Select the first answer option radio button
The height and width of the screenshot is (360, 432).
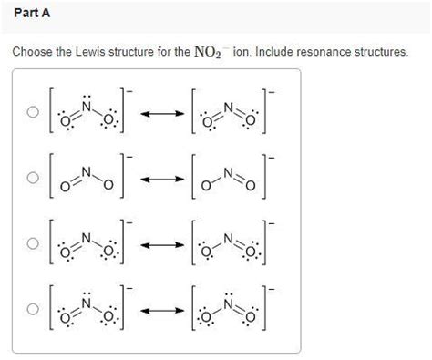[33, 113]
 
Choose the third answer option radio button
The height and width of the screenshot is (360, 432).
[33, 243]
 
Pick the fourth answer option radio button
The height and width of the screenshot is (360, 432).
[33, 309]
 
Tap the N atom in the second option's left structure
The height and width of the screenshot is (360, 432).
[87, 170]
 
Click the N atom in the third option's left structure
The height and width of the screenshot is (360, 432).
[87, 237]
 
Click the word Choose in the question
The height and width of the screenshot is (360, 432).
[31, 52]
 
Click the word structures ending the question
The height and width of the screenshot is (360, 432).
[383, 52]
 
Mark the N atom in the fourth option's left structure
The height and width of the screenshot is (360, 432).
[87, 303]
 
